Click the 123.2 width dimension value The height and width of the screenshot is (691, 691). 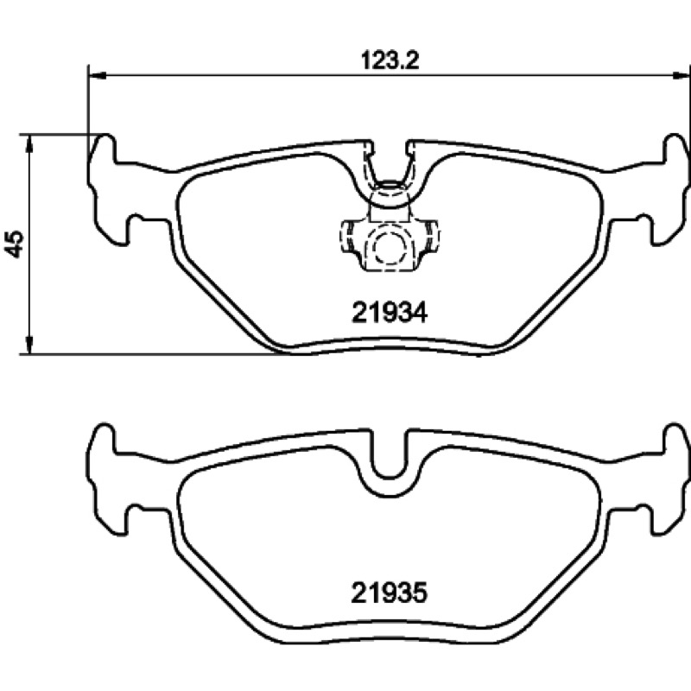[390, 60]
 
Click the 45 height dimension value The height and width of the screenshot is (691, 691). [15, 244]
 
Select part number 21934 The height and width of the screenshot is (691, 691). [390, 314]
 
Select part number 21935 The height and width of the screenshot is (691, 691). [390, 593]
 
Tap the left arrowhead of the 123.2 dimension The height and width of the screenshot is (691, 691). [98, 76]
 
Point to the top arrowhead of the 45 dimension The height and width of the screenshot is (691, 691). [29, 143]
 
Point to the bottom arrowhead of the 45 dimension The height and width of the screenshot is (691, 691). [29, 344]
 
